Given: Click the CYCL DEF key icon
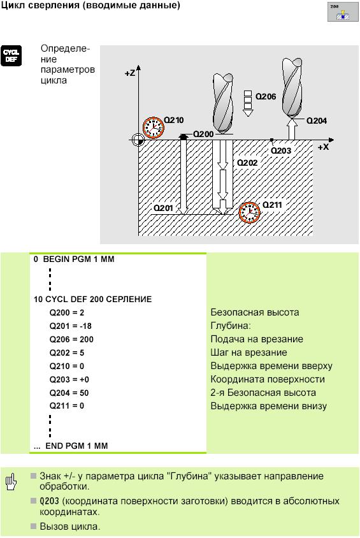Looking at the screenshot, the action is click(11, 55).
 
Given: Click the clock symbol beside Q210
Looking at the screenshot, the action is click(154, 127).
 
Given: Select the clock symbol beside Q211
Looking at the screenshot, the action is click(249, 212).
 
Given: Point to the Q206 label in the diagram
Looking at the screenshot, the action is click(266, 97).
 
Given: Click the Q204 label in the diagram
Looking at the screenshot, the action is click(317, 120).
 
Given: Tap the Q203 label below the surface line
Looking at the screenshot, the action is click(281, 150).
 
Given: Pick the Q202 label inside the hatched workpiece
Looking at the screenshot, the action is click(247, 163).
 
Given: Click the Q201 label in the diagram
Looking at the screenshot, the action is click(163, 208).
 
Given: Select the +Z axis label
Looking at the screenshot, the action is click(130, 73).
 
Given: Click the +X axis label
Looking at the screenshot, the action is click(323, 147).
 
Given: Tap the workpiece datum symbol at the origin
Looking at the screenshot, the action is click(138, 140).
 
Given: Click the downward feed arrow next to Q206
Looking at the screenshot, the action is click(248, 104).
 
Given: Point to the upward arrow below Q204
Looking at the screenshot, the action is click(292, 128).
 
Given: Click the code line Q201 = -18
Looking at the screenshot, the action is click(71, 326).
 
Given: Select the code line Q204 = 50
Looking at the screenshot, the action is click(69, 393).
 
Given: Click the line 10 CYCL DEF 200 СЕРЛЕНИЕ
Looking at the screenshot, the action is click(92, 299).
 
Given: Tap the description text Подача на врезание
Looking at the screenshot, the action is click(257, 339).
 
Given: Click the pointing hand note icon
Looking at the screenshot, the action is click(11, 482).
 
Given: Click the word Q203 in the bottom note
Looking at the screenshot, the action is click(49, 501).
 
